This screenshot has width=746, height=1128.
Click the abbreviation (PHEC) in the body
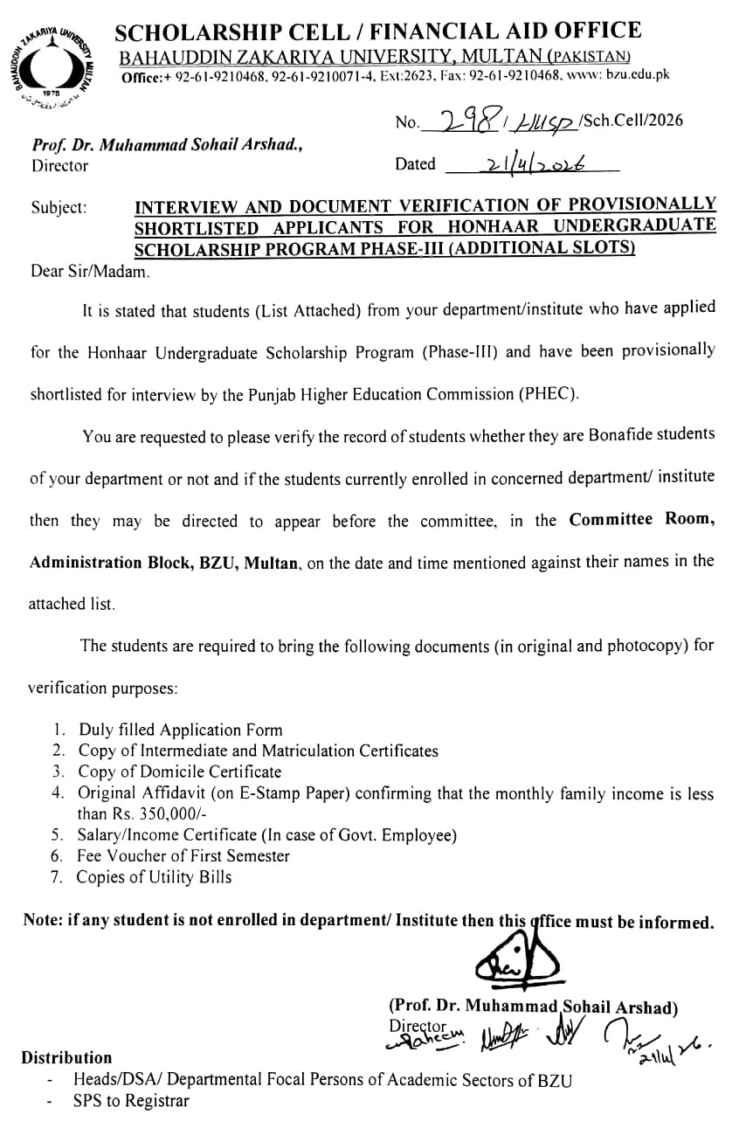point(550,393)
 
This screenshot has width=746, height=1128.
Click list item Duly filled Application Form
point(180,730)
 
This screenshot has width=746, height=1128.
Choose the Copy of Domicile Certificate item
point(180,772)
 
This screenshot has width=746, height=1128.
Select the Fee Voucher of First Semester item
point(183,856)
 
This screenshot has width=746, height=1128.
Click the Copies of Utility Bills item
point(154,877)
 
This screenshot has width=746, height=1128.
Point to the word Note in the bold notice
point(40,921)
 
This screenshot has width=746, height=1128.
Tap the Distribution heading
point(66,1057)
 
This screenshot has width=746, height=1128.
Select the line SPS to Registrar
point(131,1101)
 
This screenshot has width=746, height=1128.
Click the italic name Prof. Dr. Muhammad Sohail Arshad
point(167,147)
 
